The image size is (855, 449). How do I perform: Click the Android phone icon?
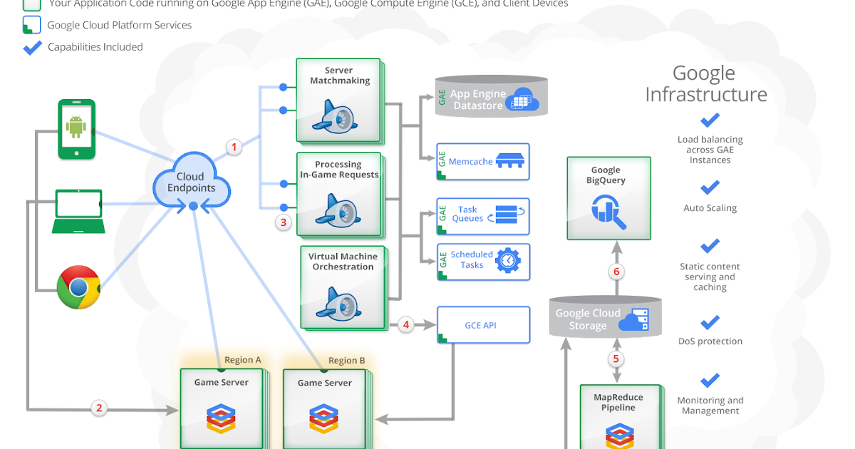(x=76, y=129)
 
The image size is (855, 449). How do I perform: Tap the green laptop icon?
(x=78, y=211)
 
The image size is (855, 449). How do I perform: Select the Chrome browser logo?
(x=78, y=287)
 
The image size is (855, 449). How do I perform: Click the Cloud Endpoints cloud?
(x=192, y=183)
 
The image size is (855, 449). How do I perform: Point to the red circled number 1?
(x=234, y=148)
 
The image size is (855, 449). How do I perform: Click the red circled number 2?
(x=99, y=408)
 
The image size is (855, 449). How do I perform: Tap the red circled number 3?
(x=284, y=222)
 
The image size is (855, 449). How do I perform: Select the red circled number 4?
(x=406, y=325)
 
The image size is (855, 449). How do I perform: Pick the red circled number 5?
(x=616, y=358)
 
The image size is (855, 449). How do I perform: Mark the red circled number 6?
(x=617, y=272)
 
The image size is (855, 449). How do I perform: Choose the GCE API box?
(x=483, y=325)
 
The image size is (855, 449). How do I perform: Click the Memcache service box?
(x=483, y=162)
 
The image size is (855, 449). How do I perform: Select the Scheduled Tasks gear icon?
(x=508, y=260)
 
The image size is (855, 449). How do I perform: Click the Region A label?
(x=242, y=360)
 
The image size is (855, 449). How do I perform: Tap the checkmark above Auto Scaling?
(x=710, y=188)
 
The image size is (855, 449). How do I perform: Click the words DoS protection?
(x=710, y=341)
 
